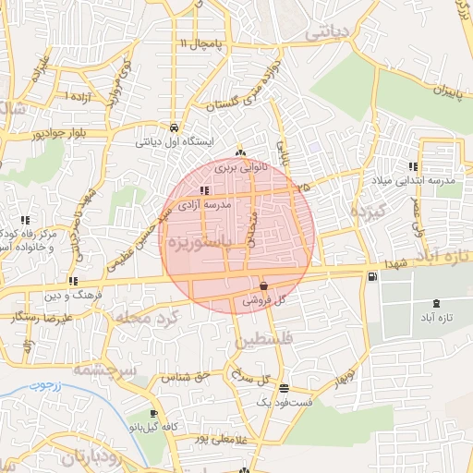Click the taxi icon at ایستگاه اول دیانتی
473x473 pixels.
174,127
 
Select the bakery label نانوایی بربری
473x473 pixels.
240,169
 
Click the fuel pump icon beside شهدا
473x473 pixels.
371,276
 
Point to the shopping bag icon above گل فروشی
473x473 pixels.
264,285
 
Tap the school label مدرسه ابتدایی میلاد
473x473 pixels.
414,181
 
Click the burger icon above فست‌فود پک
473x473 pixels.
284,389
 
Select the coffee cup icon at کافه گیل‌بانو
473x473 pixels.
153,414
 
